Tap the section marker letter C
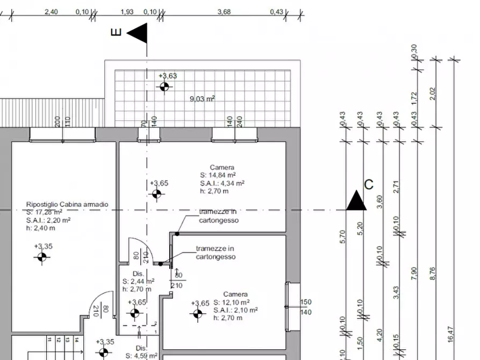pyautogui.click(x=369, y=184)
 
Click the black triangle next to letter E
pyautogui.click(x=138, y=33)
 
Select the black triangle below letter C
pyautogui.click(x=356, y=201)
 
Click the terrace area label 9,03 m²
pyautogui.click(x=203, y=98)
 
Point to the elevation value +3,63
pyautogui.click(x=168, y=76)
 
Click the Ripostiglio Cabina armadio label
pyautogui.click(x=67, y=205)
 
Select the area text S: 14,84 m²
pyautogui.click(x=218, y=175)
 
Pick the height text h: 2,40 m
pyautogui.click(x=40, y=228)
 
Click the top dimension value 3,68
pyautogui.click(x=224, y=11)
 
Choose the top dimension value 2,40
pyautogui.click(x=51, y=11)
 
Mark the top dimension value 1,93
pyautogui.click(x=127, y=11)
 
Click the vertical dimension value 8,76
pyautogui.click(x=433, y=273)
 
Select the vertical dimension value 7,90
pyautogui.click(x=413, y=273)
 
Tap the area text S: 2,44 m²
pyautogui.click(x=139, y=281)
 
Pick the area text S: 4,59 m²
pyautogui.click(x=141, y=356)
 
